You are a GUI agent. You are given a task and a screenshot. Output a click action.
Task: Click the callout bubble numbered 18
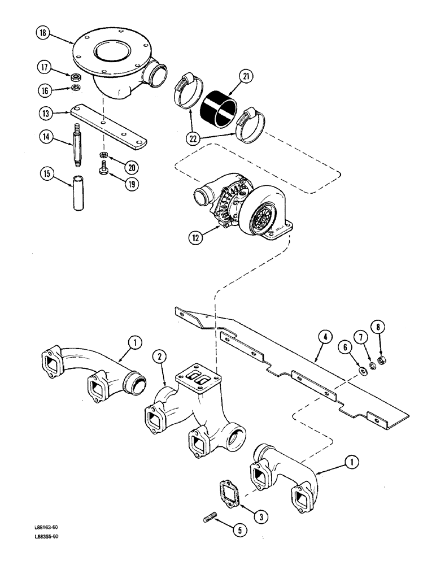click(43, 34)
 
